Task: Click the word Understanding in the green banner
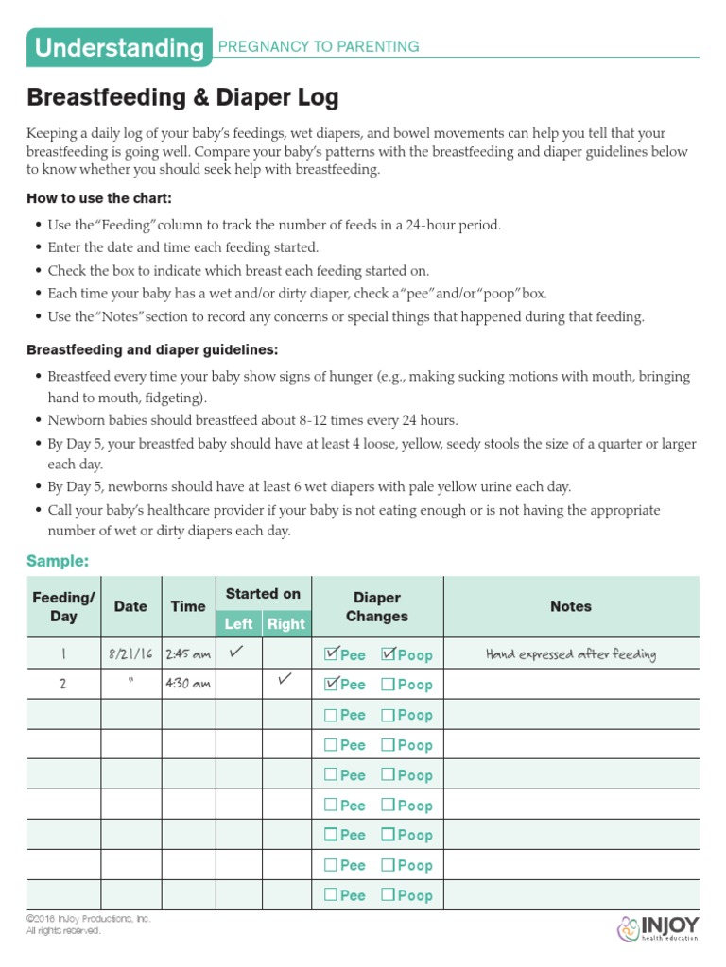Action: (117, 48)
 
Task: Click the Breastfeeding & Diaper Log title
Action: (182, 97)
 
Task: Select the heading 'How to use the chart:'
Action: (99, 198)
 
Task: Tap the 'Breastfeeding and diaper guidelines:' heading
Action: (152, 349)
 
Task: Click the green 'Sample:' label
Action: (58, 561)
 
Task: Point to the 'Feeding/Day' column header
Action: (63, 606)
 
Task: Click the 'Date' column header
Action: (130, 606)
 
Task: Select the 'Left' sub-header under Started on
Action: (238, 623)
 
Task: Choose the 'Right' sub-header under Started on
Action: (285, 623)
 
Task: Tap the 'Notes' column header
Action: (570, 606)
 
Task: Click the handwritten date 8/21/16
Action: (130, 653)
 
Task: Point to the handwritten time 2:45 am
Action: (188, 653)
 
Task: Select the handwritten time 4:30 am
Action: (188, 685)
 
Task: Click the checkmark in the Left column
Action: (238, 652)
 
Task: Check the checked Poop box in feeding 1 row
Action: (388, 653)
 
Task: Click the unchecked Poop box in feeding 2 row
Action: (388, 685)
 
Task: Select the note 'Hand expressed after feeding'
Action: (570, 653)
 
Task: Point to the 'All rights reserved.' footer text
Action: (62, 930)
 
